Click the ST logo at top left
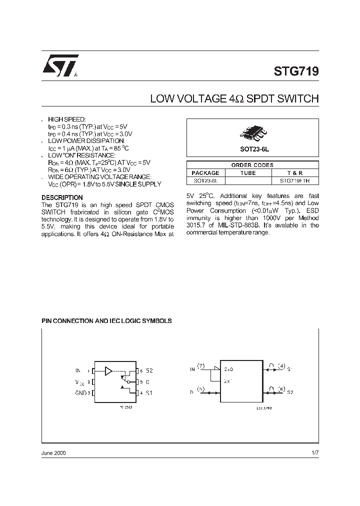(57, 66)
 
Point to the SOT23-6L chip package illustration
(252, 133)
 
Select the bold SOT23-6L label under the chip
(252, 149)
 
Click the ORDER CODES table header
(252, 165)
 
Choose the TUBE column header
(248, 173)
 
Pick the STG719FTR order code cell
(295, 180)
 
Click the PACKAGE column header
(205, 173)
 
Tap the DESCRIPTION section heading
(62, 197)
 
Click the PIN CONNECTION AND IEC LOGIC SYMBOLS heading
(106, 320)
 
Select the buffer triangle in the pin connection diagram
(108, 370)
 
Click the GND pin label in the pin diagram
(80, 393)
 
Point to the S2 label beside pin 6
(149, 370)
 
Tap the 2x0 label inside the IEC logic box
(228, 369)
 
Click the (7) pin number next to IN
(201, 366)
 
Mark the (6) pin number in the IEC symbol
(281, 388)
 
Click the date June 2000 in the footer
(53, 452)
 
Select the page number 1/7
(314, 452)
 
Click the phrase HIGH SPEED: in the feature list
(67, 119)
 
